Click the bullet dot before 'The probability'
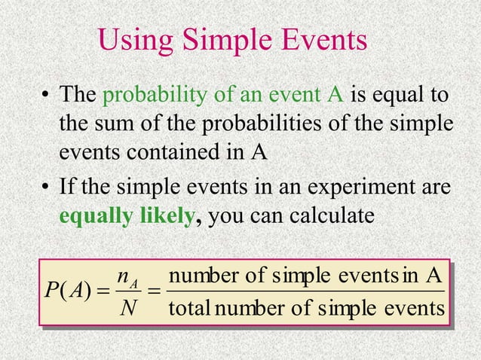[46, 96]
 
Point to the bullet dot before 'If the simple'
[46, 187]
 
